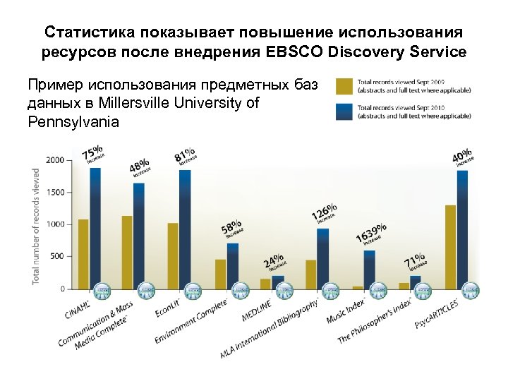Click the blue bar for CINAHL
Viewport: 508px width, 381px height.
pos(95,228)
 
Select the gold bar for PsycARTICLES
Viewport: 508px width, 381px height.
pos(450,246)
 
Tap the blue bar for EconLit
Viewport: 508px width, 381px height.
pos(185,229)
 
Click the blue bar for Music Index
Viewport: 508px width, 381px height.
pos(370,269)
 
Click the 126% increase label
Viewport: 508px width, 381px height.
pos(325,213)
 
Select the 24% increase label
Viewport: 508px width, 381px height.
pos(274,261)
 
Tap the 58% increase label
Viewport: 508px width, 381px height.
pos(232,230)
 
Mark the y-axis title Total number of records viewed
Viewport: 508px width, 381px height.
pos(36,226)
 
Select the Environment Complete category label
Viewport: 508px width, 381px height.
pos(192,321)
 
